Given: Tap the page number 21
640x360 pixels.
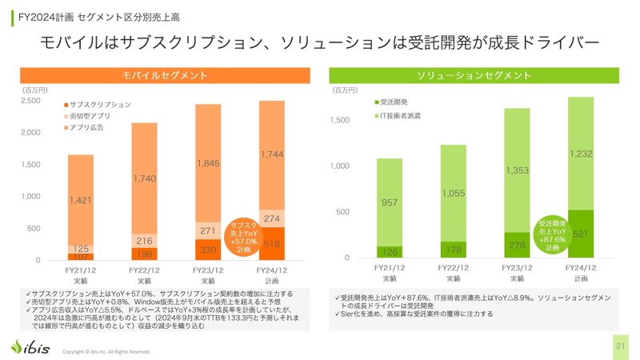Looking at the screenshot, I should pyautogui.click(x=620, y=346).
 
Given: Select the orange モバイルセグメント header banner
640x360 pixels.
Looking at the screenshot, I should pyautogui.click(x=165, y=75).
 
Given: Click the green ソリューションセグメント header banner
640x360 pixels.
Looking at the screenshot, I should pyautogui.click(x=474, y=75).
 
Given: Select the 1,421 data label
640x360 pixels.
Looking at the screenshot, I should pyautogui.click(x=80, y=200).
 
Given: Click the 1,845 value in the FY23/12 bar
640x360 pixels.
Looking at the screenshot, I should pyautogui.click(x=208, y=163).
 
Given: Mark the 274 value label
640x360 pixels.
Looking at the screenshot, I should pyautogui.click(x=272, y=218).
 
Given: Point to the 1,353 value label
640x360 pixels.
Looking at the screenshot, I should pyautogui.click(x=517, y=170).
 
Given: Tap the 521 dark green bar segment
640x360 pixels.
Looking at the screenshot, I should pyautogui.click(x=581, y=234).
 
